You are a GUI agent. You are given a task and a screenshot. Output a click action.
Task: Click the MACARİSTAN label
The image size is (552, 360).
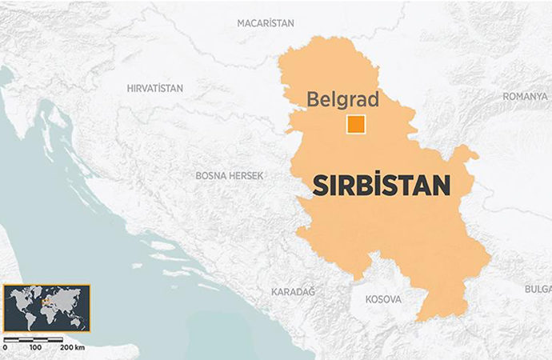pos(266,23)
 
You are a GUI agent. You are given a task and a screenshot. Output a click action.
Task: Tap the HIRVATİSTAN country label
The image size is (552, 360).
pos(155,88)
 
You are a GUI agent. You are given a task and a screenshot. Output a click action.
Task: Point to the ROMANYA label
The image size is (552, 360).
pos(524,96)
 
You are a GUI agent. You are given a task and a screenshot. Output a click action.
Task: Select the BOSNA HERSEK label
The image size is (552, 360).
pos(230,174)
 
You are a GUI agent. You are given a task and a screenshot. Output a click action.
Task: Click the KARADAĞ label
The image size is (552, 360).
pos(293,291)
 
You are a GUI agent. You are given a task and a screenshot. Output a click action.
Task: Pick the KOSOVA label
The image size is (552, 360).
pos(383,299)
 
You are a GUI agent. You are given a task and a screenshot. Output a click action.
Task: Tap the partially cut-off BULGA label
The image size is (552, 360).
pos(538,288)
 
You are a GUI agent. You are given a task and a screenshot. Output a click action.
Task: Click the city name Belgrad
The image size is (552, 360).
pos(343,101)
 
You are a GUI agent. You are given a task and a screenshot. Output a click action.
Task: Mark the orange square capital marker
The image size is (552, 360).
pos(355,125)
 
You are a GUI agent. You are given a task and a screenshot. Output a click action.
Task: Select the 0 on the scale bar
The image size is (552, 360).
pos(6,348)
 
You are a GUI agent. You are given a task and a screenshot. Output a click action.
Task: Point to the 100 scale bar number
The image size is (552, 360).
pos(34,348)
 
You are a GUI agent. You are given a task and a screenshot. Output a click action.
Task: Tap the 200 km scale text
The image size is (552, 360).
pos(72,348)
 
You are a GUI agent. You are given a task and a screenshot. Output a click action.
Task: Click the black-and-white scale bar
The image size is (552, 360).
pos(34,339)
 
